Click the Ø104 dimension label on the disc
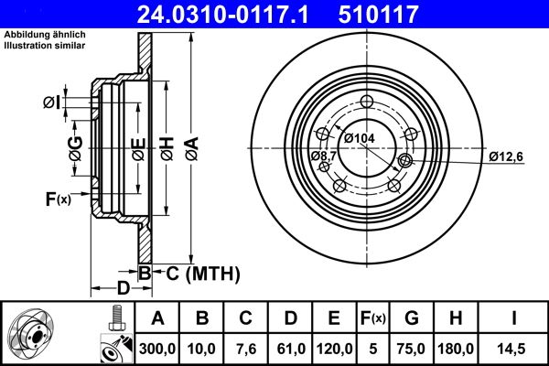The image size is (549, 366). [x=360, y=137]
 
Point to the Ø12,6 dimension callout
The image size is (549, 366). [x=505, y=156]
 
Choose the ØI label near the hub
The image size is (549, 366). [x=53, y=102]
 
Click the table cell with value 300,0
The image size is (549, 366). [x=157, y=348]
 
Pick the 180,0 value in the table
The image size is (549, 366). [x=456, y=348]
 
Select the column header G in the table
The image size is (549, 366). [x=411, y=318]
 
